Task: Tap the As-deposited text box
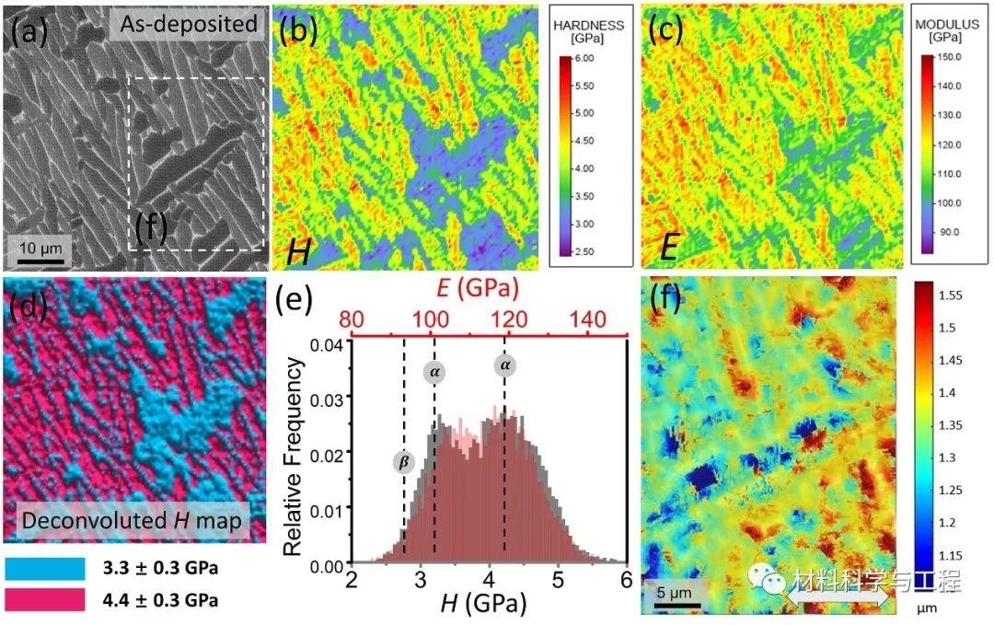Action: [186, 23]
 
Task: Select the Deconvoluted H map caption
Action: [131, 521]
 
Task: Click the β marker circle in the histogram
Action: [403, 462]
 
